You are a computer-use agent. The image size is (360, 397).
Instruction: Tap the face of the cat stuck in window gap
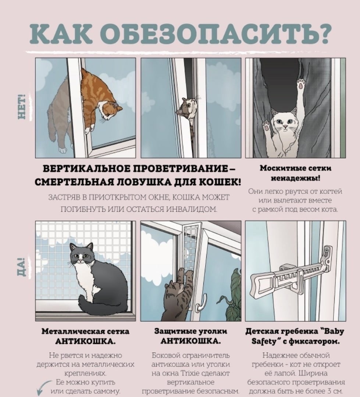coord(187,108)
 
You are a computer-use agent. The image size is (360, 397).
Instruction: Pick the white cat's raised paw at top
coord(301,84)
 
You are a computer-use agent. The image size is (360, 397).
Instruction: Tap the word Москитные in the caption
coord(277,168)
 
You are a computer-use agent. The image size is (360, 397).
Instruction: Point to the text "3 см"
coord(334,391)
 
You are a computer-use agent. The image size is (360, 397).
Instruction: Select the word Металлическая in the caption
coord(65,331)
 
